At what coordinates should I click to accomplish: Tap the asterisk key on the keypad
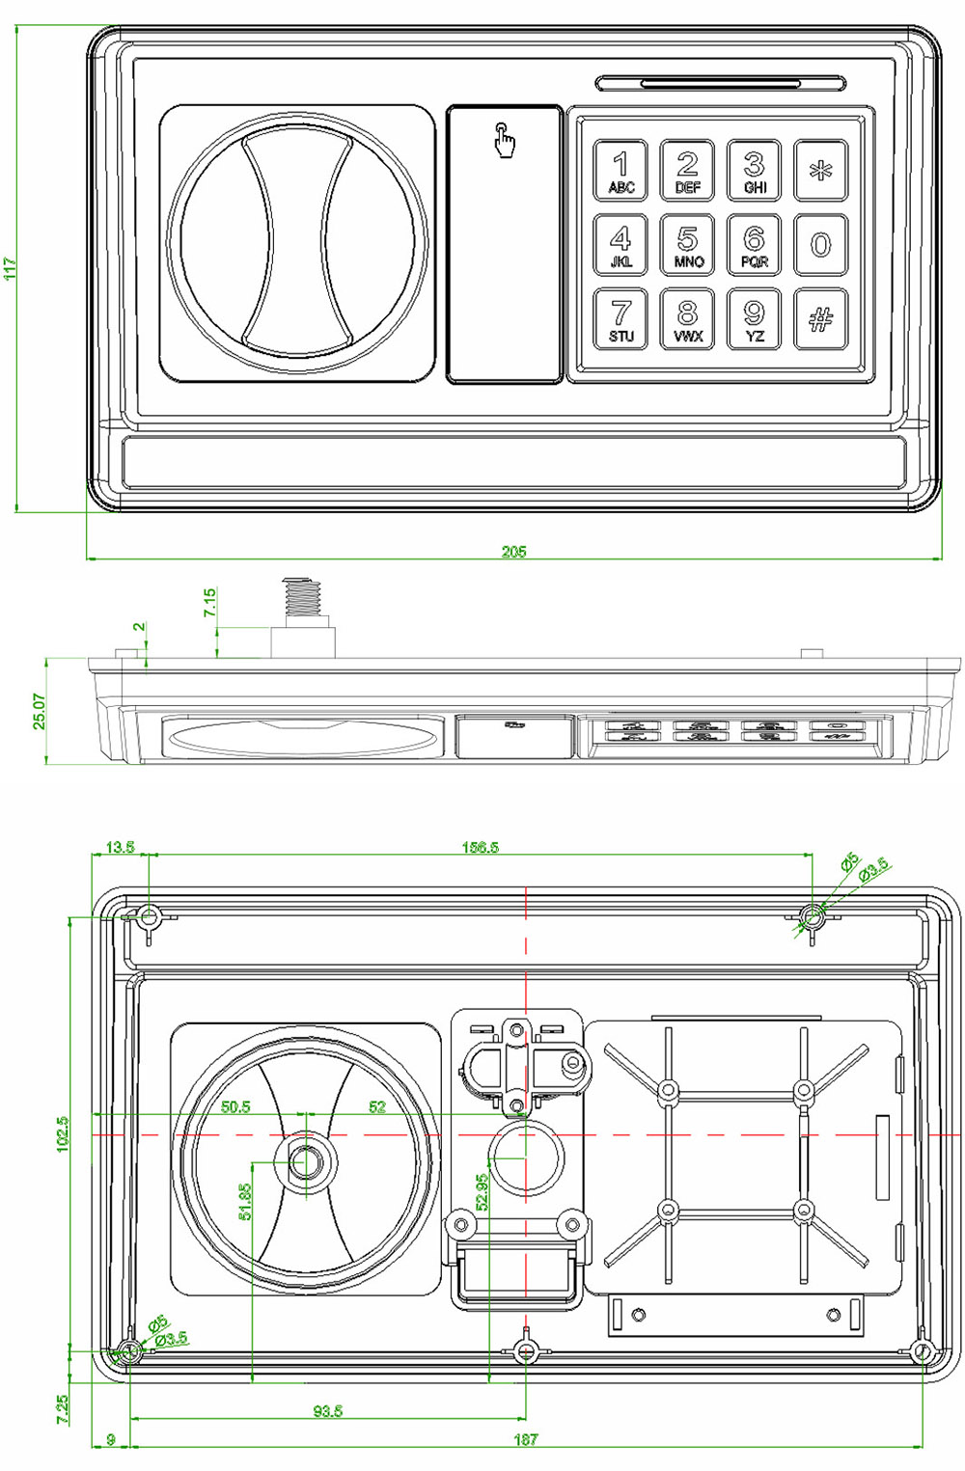820,170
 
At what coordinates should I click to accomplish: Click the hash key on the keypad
820,319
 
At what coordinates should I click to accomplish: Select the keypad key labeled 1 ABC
620,170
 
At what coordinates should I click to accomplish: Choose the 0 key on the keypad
820,244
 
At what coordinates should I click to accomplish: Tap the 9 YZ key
754,319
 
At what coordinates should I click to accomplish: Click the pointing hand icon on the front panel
505,139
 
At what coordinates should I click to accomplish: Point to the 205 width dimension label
513,552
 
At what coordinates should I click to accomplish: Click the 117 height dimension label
10,268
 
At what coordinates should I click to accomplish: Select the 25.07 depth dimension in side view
40,711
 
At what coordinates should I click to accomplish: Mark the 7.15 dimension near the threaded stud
208,602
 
